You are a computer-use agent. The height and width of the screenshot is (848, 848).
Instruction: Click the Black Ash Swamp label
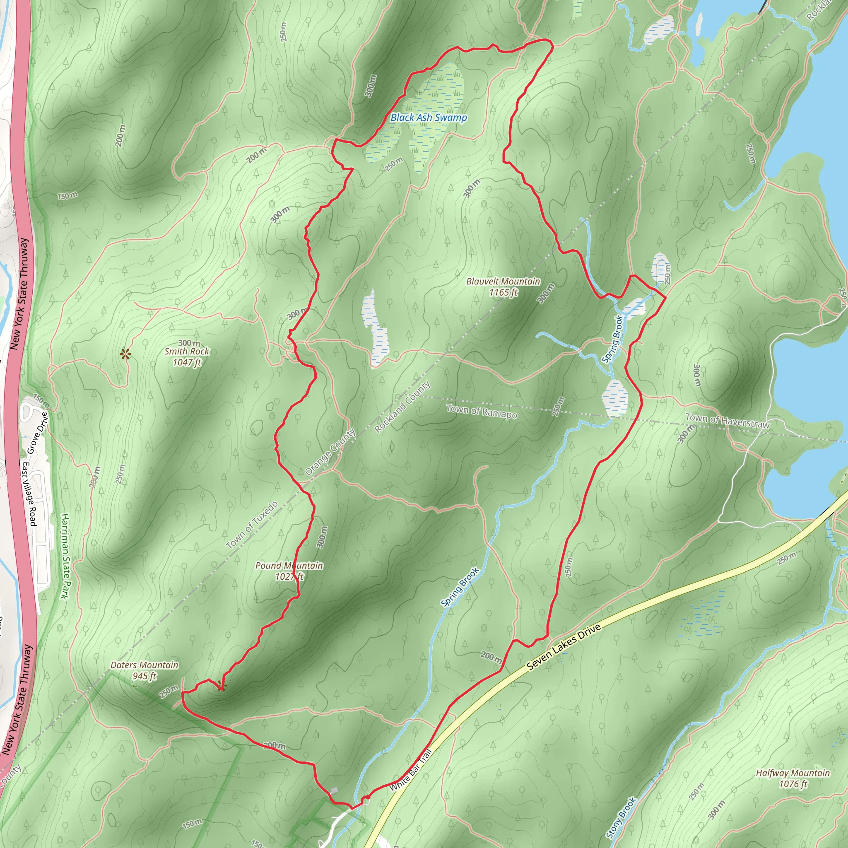(429, 118)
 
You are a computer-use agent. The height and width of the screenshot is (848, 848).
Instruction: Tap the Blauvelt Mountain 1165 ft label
(503, 287)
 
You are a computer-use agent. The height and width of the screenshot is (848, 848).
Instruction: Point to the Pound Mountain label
(289, 566)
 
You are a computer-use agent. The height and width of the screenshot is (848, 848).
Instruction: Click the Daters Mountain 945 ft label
(145, 671)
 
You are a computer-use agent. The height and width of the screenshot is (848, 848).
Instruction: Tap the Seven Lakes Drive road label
(564, 648)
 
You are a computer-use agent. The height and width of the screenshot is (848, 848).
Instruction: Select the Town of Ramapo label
(482, 411)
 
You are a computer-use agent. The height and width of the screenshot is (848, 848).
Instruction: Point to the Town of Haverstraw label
(727, 421)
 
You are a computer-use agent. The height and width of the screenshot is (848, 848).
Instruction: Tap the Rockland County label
(402, 407)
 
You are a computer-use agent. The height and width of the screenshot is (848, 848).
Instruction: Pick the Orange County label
(330, 452)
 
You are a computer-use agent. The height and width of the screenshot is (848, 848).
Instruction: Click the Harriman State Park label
(65, 556)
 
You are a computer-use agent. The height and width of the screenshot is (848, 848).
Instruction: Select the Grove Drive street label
(37, 432)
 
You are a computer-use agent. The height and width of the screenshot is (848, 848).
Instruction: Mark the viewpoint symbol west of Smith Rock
(125, 354)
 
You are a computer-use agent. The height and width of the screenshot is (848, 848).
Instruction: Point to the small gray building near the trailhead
(334, 790)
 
